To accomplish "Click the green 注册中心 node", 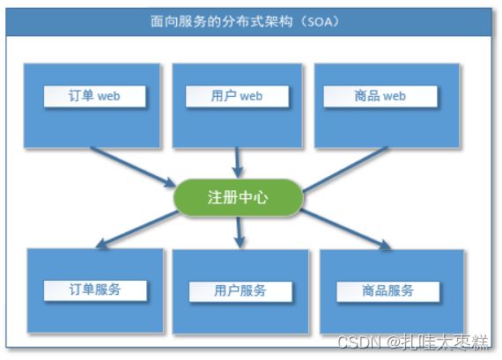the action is point(238,197).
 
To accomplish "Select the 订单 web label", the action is point(95,96).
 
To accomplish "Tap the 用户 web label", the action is point(237,96).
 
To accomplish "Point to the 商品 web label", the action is point(380,96).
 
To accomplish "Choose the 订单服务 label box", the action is point(95,290).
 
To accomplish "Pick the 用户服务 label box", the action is point(240,291).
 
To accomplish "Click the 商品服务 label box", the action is point(388,291).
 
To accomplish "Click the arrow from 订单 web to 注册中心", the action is point(133,166).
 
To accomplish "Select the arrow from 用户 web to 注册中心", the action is point(237,162).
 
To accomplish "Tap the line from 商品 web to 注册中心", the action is point(345,170).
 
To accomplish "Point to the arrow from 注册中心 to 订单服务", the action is point(137,229).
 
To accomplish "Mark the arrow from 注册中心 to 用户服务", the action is point(239,232).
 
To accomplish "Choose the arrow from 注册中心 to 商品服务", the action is point(346,229).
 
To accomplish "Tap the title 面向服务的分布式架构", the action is point(221,21).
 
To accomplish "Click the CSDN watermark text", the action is point(359,342).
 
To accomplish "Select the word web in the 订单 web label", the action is point(108,96).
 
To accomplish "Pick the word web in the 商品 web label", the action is point(394,96).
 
